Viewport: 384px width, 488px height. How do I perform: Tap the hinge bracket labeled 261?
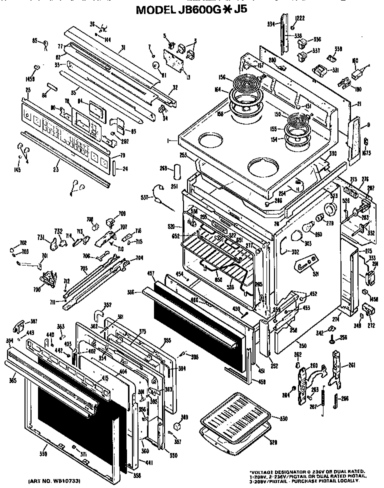pos(336,365)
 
